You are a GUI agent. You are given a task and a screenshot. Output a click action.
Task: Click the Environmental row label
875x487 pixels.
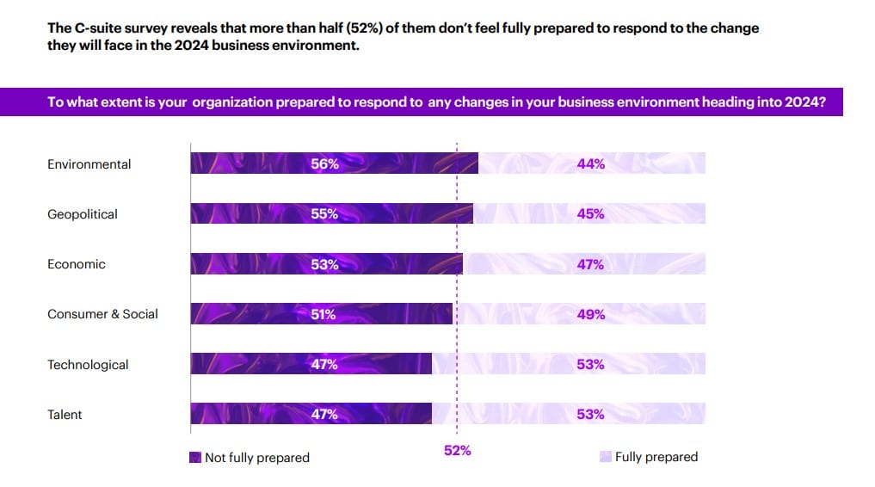[89, 164]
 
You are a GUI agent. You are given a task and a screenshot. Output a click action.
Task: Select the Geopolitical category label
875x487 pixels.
[82, 214]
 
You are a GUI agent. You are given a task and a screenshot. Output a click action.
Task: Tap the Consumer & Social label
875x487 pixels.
[102, 314]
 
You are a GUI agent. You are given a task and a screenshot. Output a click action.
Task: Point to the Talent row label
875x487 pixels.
[65, 415]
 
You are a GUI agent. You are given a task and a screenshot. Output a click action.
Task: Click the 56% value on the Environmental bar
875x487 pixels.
[324, 164]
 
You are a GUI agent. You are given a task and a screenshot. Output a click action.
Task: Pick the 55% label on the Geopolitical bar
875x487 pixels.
[324, 214]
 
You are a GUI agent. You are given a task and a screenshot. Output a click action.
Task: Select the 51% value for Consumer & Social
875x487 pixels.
[323, 315]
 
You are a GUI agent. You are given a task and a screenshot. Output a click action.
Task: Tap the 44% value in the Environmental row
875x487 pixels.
[591, 164]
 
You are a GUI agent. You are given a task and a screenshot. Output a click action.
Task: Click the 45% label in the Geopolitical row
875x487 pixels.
[591, 214]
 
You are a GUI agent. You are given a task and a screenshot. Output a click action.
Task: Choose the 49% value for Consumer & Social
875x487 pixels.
[591, 315]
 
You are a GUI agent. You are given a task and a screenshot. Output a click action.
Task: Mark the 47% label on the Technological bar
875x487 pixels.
[324, 365]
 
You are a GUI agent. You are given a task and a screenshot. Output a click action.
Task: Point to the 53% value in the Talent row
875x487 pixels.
[591, 415]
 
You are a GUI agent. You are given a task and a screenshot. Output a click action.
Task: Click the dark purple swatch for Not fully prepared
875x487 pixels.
[195, 458]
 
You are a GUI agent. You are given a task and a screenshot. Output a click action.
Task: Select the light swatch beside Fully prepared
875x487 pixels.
[606, 457]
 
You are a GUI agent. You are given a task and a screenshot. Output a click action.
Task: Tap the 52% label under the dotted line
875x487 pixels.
[458, 450]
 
